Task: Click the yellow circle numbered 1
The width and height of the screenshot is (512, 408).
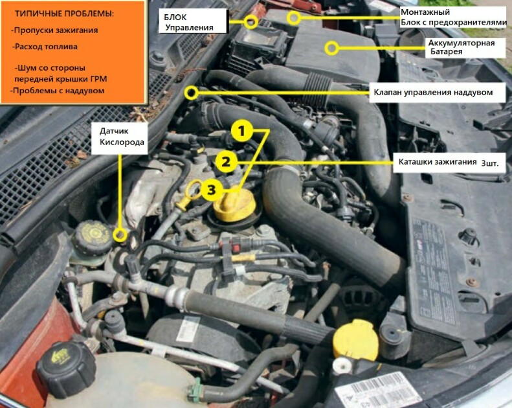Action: pos(241,131)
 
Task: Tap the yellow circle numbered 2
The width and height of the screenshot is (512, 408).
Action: pos(226,162)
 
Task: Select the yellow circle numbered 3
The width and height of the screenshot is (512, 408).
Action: pos(212,190)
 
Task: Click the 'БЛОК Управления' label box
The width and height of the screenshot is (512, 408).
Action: pos(193,21)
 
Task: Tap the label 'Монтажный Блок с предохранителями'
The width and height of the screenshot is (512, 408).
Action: pos(453,17)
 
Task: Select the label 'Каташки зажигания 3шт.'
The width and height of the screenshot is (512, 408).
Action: pos(449,162)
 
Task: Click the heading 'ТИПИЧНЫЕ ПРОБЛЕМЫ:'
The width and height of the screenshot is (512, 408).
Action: pos(64,14)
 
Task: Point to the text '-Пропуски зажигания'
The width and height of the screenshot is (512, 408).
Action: pos(54,30)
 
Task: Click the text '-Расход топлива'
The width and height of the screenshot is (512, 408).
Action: pos(45,47)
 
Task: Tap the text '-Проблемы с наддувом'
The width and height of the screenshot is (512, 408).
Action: pos(57,91)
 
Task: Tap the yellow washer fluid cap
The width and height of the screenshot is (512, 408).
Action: pos(355,340)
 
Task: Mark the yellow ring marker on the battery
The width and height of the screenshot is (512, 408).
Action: pos(331,48)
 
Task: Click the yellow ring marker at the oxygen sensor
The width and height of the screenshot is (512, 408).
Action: pos(120,235)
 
